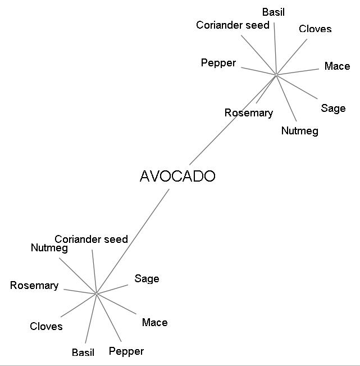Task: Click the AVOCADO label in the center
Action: coord(177,176)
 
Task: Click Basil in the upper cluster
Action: coord(274,12)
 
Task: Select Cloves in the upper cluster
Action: coord(315,29)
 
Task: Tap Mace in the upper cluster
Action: coord(337,66)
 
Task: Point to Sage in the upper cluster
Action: coord(333,109)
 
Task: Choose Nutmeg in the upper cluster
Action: coord(300,131)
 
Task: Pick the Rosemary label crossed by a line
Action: coord(249,113)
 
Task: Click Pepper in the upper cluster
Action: coord(218,64)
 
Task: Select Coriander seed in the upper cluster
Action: coord(233,25)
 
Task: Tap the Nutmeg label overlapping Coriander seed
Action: coord(49,248)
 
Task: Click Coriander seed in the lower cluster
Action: coord(91,240)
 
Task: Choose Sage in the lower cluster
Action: coord(147,279)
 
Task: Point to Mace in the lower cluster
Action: coord(155,323)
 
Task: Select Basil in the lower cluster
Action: coord(83,353)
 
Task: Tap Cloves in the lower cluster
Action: coord(46,326)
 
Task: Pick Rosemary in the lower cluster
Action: coord(34,286)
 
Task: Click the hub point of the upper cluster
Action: coord(276,75)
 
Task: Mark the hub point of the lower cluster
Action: coord(96,293)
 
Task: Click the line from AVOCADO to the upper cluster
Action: coord(233,120)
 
